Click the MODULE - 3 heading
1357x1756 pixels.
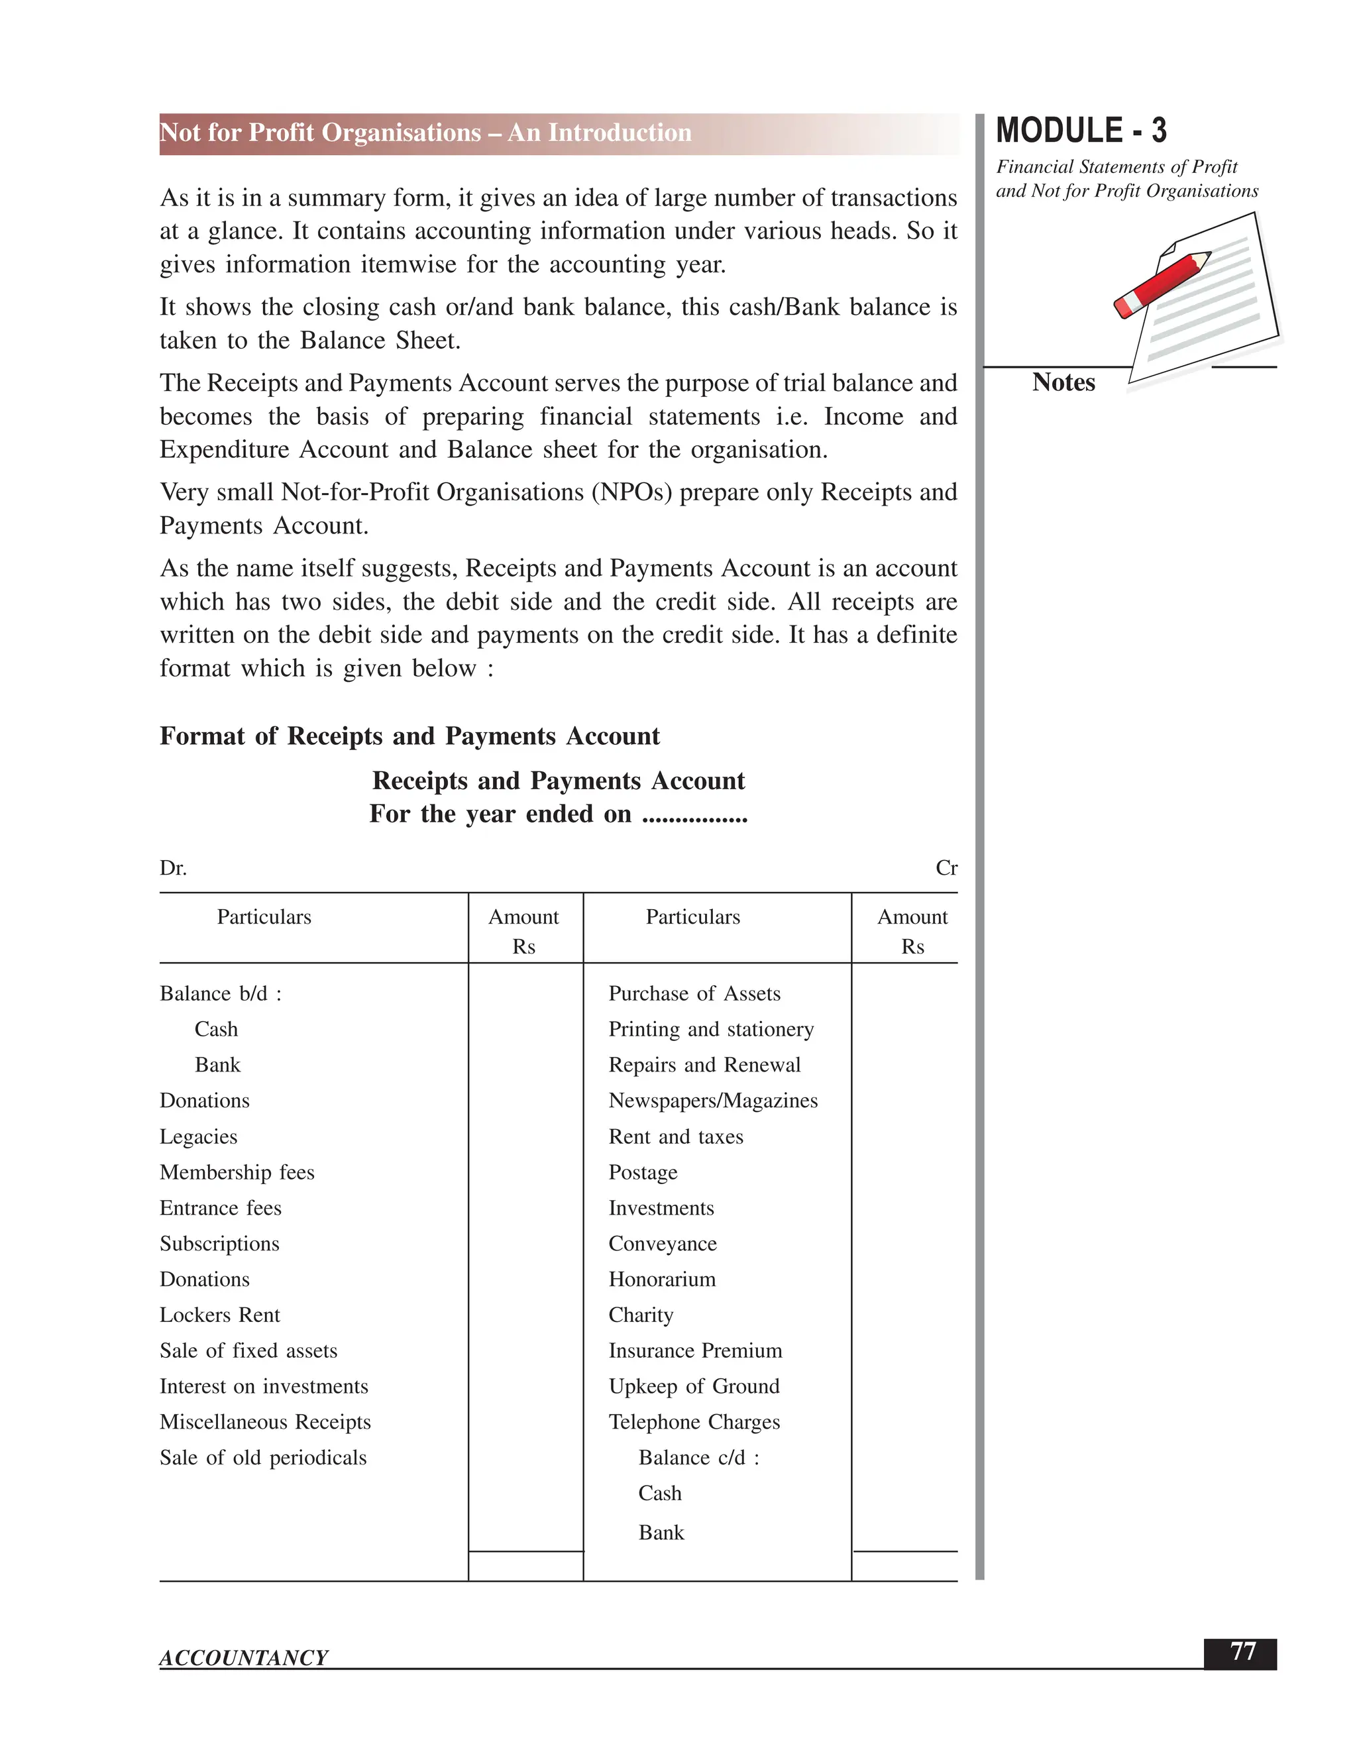point(1081,131)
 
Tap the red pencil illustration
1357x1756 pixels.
point(1162,285)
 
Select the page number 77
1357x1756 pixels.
point(1242,1651)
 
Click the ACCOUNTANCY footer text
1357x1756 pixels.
point(244,1657)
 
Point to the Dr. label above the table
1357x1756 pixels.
point(173,868)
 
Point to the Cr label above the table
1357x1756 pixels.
point(946,868)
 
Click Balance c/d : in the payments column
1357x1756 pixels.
point(698,1458)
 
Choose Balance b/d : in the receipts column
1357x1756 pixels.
point(220,994)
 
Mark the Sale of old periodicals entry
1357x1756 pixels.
point(263,1458)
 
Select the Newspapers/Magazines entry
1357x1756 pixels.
point(713,1101)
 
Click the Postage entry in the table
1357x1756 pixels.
point(642,1172)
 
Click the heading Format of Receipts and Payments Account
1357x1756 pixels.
point(409,736)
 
